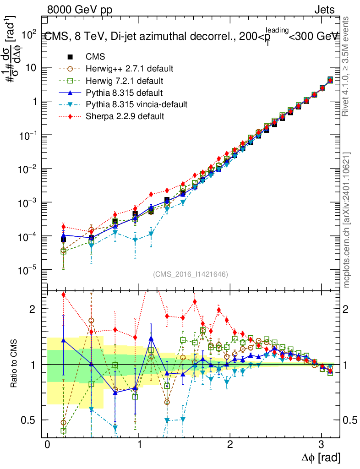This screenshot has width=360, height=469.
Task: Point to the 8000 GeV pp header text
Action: (x=80, y=10)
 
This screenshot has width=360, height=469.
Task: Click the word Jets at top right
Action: (x=324, y=10)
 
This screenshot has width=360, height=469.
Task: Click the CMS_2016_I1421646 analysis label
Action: (x=191, y=274)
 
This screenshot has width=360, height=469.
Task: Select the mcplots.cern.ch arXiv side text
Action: (x=347, y=220)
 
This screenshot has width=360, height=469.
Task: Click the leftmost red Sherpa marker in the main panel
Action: (x=64, y=227)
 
